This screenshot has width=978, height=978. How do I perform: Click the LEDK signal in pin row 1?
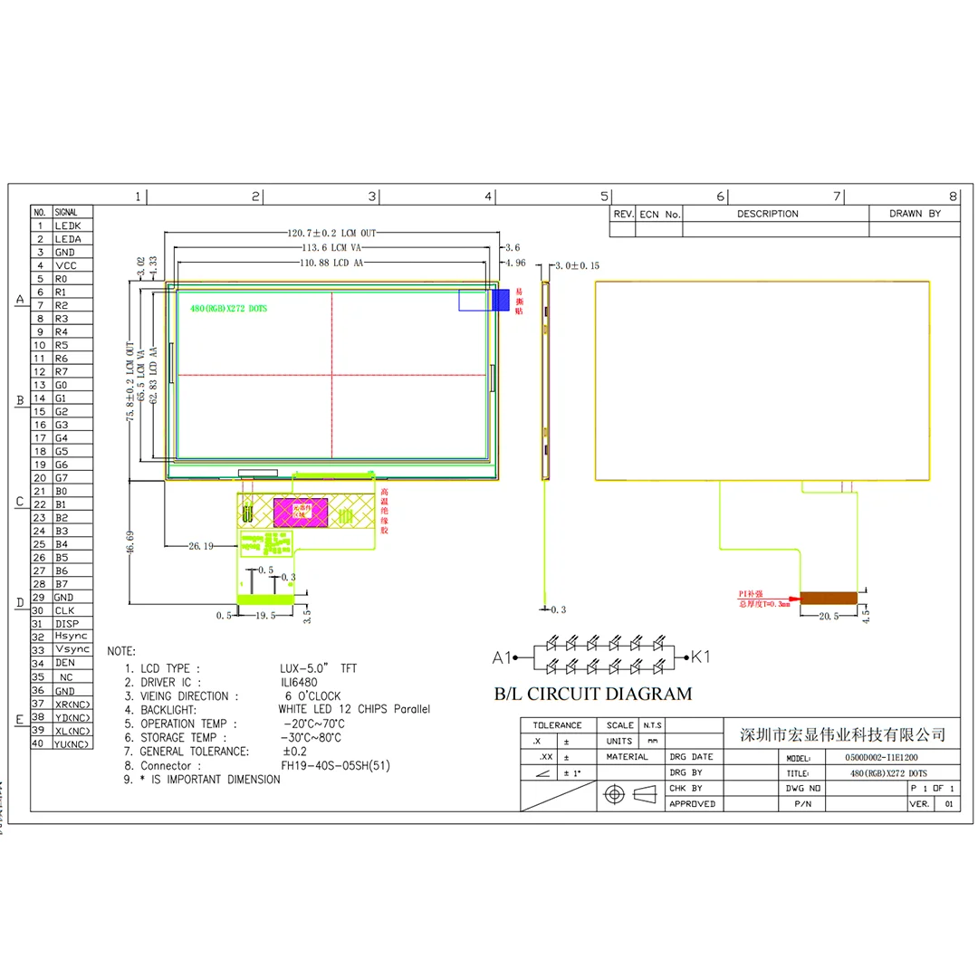69,225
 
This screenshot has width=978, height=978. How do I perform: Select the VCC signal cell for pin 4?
66,265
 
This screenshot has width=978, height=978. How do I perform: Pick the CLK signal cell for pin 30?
66,610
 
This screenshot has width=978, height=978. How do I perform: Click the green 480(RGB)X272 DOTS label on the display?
228,309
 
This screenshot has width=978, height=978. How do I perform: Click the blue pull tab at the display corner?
500,300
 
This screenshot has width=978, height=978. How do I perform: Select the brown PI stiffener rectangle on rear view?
829,598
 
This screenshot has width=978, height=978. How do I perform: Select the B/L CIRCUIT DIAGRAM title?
592,695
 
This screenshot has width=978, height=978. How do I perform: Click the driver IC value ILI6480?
298,682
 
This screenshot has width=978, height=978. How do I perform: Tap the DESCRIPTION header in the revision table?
767,214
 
